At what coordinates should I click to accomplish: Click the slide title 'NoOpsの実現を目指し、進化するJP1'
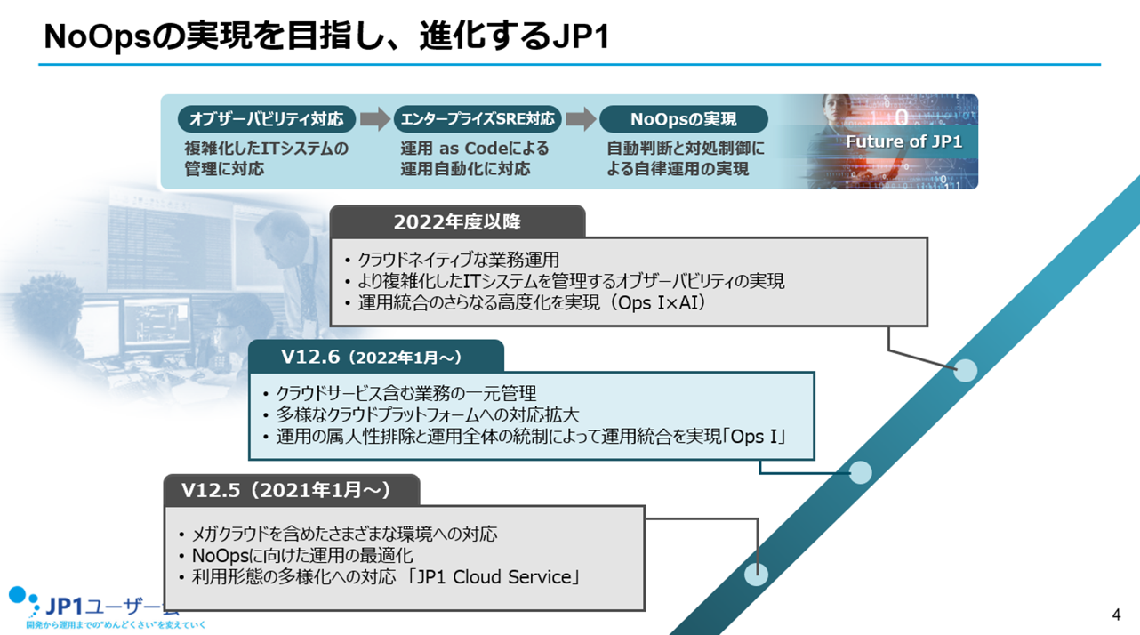tap(326, 36)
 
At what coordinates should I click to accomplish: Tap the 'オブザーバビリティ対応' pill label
tap(267, 119)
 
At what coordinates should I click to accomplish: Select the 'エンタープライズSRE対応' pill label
tap(478, 119)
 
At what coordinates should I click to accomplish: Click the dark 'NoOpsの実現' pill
tap(683, 119)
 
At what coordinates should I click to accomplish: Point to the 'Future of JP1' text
tap(903, 141)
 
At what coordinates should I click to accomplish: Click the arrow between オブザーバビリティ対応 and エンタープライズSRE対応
tap(374, 119)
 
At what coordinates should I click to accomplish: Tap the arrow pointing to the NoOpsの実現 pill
tap(580, 119)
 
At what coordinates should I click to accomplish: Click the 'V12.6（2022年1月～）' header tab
tap(375, 357)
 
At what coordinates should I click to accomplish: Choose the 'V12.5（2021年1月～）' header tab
tap(291, 490)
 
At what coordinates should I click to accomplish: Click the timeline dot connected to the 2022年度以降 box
tap(965, 370)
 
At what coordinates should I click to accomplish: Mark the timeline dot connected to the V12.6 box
tap(860, 472)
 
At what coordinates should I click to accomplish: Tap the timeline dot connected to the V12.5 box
tap(756, 574)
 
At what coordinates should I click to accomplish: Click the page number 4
tap(1116, 615)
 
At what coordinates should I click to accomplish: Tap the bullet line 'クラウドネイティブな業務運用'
tap(458, 260)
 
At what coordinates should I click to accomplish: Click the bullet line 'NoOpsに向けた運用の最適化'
tap(302, 556)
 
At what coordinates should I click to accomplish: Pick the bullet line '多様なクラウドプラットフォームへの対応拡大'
tap(427, 415)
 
